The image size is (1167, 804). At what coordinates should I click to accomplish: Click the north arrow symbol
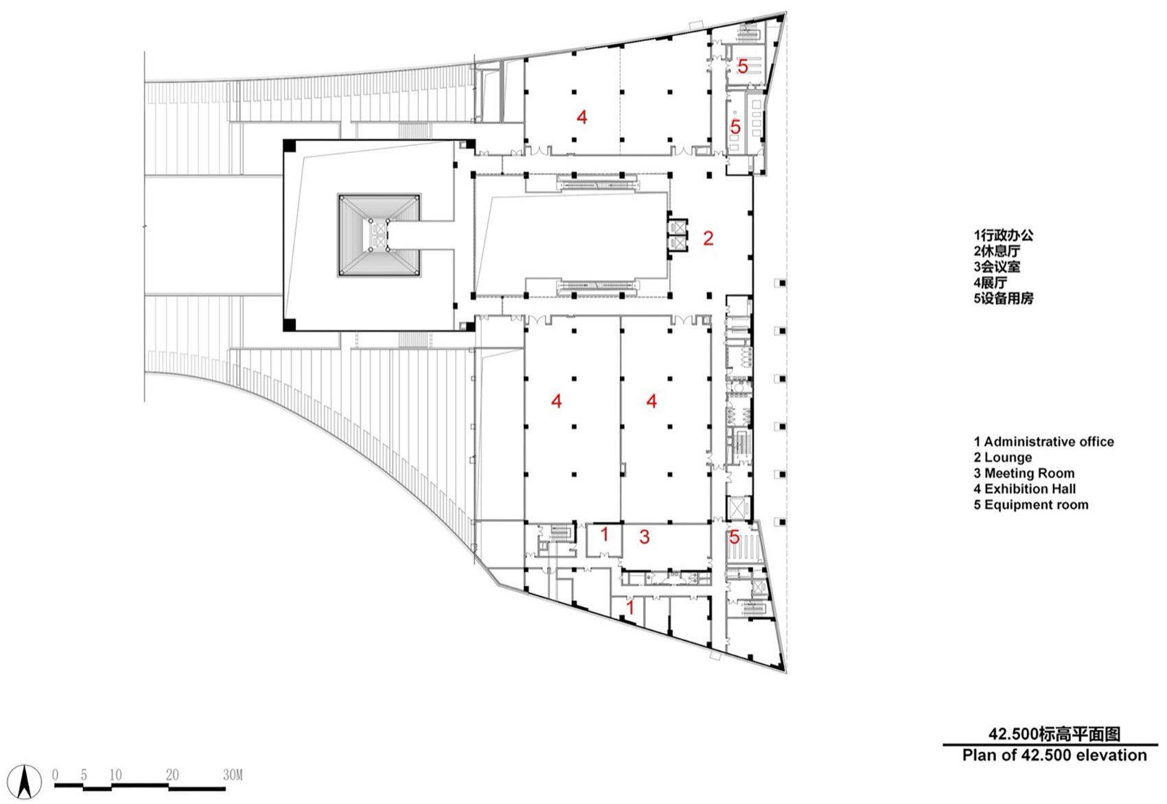click(25, 781)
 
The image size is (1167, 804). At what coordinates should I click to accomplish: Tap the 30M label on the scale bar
click(233, 775)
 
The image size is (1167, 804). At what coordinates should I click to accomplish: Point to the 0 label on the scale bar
click(56, 775)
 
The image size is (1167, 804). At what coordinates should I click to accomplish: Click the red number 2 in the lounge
click(708, 238)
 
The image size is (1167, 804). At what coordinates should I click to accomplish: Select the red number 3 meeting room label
click(644, 536)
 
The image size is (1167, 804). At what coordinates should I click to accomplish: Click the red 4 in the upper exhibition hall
click(581, 117)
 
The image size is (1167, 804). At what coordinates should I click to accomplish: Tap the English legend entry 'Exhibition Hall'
click(1030, 489)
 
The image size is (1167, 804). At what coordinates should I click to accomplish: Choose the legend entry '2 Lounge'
click(1003, 458)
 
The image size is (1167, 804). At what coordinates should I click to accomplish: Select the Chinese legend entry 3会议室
click(997, 266)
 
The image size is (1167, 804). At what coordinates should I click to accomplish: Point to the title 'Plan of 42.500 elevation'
click(1054, 755)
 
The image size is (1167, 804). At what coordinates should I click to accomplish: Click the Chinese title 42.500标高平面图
click(1054, 734)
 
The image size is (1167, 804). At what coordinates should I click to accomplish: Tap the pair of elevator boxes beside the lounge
click(678, 235)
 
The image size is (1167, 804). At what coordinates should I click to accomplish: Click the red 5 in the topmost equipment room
click(743, 67)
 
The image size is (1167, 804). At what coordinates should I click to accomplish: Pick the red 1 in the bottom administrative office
click(630, 607)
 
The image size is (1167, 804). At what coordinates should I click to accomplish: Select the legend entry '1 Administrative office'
click(1043, 442)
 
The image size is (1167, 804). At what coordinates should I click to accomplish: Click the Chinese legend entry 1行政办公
click(1003, 235)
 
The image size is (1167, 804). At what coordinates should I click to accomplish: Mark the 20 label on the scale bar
click(172, 775)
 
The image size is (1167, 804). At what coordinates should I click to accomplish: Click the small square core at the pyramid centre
click(378, 235)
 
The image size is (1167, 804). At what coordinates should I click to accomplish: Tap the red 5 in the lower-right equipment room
click(734, 536)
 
